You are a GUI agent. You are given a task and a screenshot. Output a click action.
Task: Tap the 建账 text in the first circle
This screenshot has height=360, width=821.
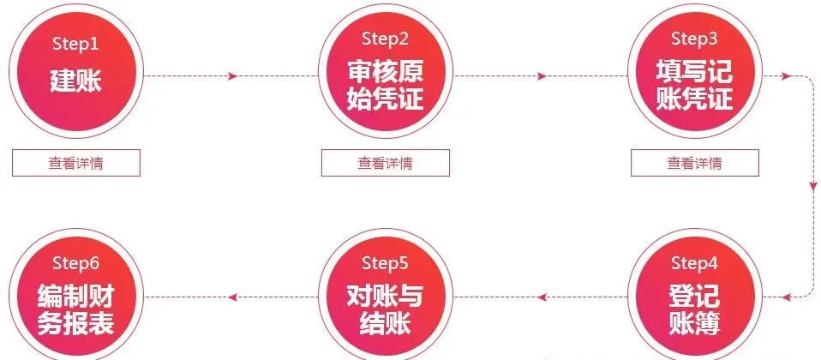click(75, 81)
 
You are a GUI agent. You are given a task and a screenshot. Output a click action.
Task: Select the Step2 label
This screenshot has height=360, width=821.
click(385, 39)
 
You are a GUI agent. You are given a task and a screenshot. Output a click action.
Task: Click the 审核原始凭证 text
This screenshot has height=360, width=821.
click(385, 83)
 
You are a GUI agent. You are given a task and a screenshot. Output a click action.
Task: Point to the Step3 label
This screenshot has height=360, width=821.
click(694, 39)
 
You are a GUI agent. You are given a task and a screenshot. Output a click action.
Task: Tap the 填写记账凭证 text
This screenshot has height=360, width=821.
click(694, 83)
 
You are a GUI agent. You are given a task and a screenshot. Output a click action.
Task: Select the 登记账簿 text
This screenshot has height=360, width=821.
click(694, 310)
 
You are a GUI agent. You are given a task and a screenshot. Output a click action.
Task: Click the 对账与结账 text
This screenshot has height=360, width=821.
click(385, 310)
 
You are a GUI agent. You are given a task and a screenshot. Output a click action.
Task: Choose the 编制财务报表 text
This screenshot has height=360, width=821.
click(75, 310)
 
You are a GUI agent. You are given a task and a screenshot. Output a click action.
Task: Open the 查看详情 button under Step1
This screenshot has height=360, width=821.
click(75, 163)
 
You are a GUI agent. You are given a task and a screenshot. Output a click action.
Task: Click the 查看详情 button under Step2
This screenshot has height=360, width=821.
click(385, 163)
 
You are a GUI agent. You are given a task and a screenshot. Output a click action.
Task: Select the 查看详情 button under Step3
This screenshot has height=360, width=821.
click(694, 163)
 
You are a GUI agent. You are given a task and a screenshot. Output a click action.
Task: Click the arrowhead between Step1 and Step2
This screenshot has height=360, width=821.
click(233, 77)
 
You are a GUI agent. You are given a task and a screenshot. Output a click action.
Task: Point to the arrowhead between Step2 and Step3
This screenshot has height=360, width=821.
click(542, 77)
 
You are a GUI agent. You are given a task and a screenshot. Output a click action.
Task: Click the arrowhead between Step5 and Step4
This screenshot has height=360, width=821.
click(541, 297)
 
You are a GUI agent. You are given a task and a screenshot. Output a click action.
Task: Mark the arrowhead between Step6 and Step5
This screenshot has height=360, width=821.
click(232, 297)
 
